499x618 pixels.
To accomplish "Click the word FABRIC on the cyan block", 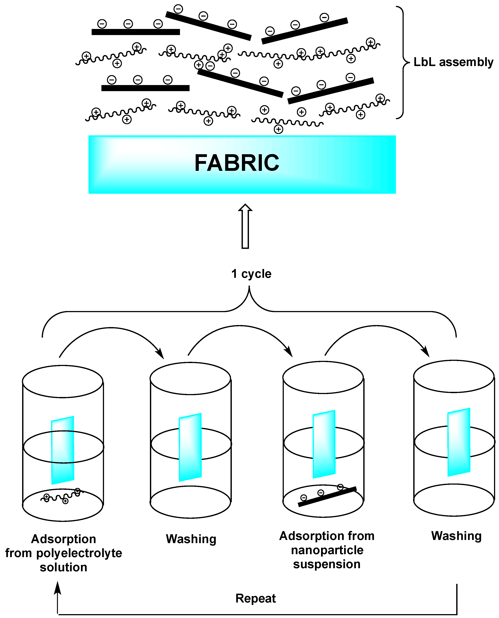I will (237, 163).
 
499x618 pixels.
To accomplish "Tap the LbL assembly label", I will (453, 62).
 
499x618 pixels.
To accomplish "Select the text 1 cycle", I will (251, 274).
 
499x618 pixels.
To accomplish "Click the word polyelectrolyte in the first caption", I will (79, 553).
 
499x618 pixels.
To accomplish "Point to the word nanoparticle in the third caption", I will (327, 550).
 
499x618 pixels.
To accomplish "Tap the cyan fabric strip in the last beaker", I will (459, 442).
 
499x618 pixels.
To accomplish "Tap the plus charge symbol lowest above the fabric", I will (278, 129).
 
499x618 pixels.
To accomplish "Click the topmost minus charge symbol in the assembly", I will (178, 9).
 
